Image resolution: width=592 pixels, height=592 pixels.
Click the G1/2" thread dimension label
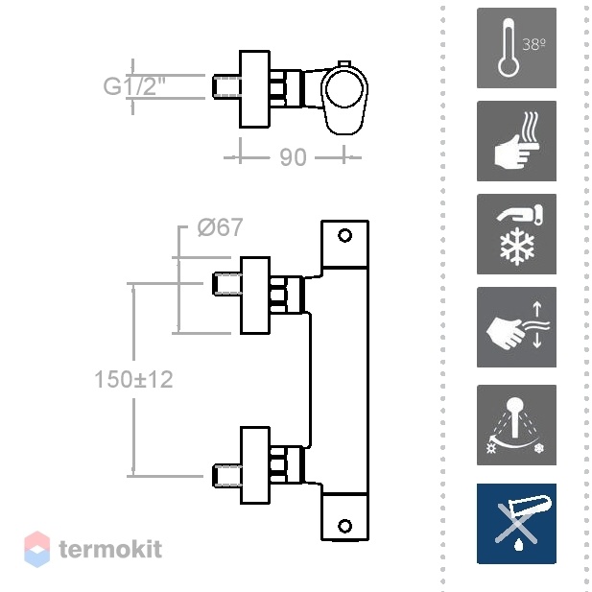(x=134, y=86)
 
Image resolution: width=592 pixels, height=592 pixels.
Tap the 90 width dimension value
(x=293, y=157)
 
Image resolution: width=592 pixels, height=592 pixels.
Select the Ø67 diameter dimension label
(x=220, y=227)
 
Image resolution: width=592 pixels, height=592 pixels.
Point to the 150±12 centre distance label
(x=133, y=379)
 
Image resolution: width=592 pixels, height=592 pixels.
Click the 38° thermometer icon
(x=516, y=48)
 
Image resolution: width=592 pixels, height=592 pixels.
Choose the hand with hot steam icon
(x=516, y=141)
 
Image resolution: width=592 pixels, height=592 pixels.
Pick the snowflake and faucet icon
(x=516, y=234)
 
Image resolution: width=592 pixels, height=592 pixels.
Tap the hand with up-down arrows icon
(x=516, y=327)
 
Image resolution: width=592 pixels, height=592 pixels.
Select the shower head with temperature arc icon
(x=516, y=425)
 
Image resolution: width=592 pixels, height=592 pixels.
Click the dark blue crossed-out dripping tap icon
(x=516, y=524)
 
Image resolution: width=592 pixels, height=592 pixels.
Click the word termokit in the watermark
(x=110, y=549)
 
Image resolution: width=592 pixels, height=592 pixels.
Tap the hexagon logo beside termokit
(x=37, y=550)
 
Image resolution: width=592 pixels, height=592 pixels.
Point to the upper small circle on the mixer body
(x=344, y=236)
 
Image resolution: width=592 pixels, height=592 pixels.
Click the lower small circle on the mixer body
(x=344, y=526)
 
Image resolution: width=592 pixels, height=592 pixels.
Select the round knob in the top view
(x=344, y=88)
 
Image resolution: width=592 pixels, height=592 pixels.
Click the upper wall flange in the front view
(x=255, y=296)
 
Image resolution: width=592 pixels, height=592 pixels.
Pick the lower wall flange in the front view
(x=255, y=465)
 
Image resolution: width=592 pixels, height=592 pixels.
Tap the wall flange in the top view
(x=255, y=88)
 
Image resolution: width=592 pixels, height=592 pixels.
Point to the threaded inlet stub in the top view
(x=226, y=87)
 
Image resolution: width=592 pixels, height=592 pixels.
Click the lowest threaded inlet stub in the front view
(x=226, y=475)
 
